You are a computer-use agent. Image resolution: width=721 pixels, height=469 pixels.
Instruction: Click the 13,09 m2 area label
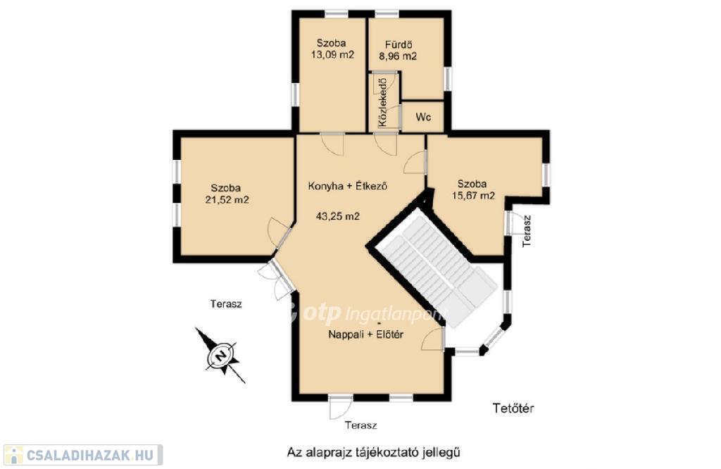(x=333, y=55)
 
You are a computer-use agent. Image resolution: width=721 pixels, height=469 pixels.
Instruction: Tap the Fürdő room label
(x=399, y=44)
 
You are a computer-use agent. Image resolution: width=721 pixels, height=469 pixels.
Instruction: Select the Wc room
(x=423, y=117)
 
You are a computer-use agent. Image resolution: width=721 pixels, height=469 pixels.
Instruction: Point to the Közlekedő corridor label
(x=382, y=103)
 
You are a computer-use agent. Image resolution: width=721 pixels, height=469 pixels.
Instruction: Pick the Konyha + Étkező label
(x=348, y=186)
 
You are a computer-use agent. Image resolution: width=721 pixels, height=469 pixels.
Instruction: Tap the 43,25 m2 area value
(x=338, y=215)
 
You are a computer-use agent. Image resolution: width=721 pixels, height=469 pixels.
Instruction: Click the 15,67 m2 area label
(x=472, y=196)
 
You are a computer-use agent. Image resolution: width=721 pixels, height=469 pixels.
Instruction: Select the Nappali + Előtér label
(x=365, y=334)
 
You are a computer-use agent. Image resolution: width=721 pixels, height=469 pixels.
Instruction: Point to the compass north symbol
(x=220, y=356)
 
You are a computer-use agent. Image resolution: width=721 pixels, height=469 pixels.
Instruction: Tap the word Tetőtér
(x=513, y=408)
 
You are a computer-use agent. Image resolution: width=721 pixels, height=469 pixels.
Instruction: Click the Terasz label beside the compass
(x=226, y=304)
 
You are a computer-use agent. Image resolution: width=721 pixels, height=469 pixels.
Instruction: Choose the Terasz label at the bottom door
(x=361, y=425)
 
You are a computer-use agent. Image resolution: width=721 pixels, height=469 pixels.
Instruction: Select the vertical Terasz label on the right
(x=527, y=231)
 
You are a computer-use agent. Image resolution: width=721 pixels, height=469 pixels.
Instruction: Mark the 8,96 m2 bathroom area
(x=398, y=56)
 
